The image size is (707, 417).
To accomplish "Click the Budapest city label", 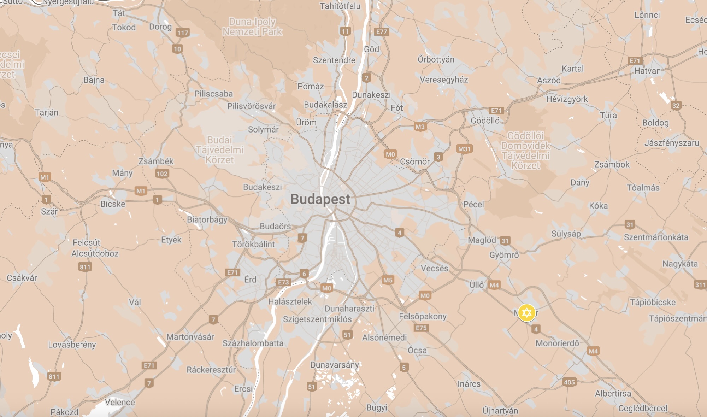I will (320, 199).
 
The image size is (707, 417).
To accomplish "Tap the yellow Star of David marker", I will (526, 313).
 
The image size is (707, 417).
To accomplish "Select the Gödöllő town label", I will (485, 121).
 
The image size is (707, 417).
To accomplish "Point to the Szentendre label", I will (334, 60).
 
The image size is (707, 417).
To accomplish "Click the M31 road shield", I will (464, 149).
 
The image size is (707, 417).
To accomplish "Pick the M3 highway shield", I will (420, 127).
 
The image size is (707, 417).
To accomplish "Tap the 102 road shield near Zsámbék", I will (162, 174).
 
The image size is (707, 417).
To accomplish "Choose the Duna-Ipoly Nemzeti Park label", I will (252, 27).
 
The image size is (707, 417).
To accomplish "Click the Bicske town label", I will (113, 204).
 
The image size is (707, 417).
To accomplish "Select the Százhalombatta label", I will (253, 343).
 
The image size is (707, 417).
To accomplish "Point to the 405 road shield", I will (569, 382).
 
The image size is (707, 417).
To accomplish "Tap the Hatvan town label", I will (647, 71).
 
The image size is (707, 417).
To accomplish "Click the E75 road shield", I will (421, 328).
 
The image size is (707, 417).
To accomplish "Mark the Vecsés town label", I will (434, 268).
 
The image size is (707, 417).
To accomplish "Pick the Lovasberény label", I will (72, 345).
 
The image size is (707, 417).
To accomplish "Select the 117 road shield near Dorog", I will (183, 33).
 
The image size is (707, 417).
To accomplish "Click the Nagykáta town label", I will (680, 264).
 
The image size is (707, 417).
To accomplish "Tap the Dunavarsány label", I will (334, 365).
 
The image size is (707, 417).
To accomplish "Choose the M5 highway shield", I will (388, 280).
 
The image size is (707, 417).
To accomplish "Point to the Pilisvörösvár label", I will (251, 106).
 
